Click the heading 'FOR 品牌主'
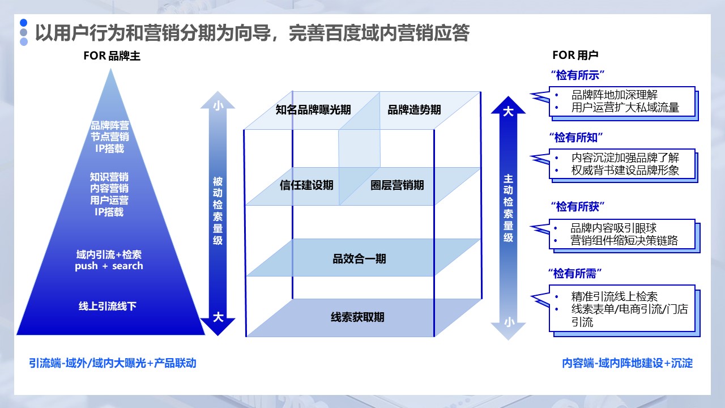pos(112,56)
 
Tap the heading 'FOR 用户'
pos(575,56)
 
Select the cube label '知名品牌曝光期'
pos(313,110)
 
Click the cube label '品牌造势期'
pos(414,110)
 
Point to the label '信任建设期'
pos(306,185)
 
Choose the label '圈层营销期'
pos(397,185)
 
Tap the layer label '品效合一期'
pos(359,260)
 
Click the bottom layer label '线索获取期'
pos(357,317)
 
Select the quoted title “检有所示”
pos(577,75)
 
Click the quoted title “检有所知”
pos(577,137)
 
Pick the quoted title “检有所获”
pos(577,206)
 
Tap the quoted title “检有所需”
pos(574,274)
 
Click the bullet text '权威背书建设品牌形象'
pos(625,170)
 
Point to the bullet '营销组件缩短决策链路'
pos(624,241)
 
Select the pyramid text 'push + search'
pos(109,266)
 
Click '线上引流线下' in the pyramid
pos(108,307)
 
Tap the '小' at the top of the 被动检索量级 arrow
pos(217,105)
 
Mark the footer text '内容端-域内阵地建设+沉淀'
pos(627,363)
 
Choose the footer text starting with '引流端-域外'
pos(113,363)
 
